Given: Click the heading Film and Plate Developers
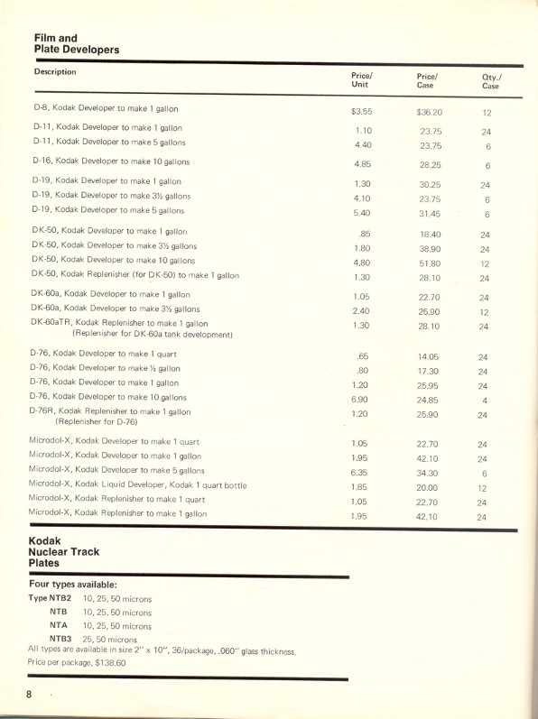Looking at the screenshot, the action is pyautogui.click(x=76, y=43).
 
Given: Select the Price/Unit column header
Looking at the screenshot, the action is pyautogui.click(x=362, y=79).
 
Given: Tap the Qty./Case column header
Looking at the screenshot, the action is pyautogui.click(x=491, y=81).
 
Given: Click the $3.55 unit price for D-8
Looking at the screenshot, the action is pyautogui.click(x=362, y=113).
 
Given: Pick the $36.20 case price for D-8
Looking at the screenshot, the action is pyautogui.click(x=429, y=113).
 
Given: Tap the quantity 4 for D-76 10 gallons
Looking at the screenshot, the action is pyautogui.click(x=486, y=400).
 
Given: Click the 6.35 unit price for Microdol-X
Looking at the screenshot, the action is pyautogui.click(x=362, y=473).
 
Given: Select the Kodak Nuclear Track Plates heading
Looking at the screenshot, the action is pyautogui.click(x=64, y=550).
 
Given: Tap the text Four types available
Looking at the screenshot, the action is pyautogui.click(x=73, y=584).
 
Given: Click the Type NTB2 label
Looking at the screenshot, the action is pyautogui.click(x=50, y=598).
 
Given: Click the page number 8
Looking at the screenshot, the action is pyautogui.click(x=30, y=694).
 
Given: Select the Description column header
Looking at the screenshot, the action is pyautogui.click(x=56, y=71).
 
